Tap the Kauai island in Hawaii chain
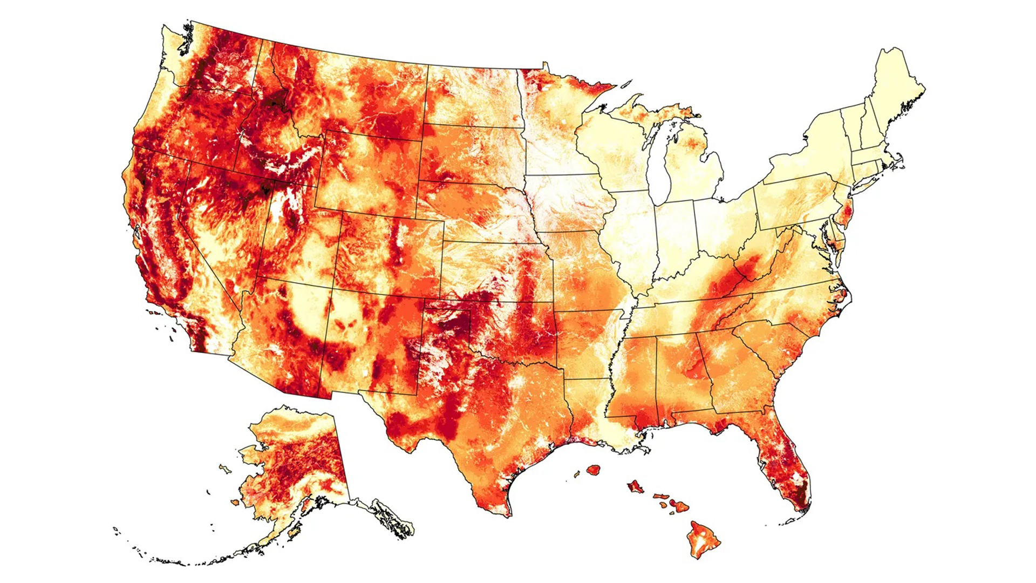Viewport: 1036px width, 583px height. point(594,470)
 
